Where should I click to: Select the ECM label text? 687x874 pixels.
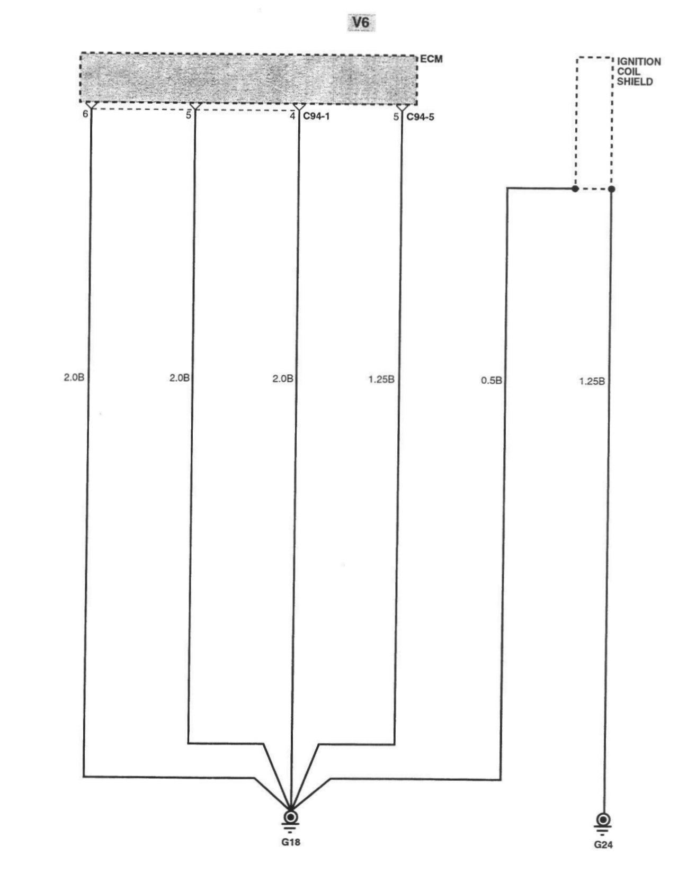431,59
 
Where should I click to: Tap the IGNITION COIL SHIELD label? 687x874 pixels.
639,71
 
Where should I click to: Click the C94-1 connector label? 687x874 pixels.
316,116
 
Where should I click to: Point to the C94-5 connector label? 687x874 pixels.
420,116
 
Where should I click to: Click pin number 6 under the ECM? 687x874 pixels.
85,114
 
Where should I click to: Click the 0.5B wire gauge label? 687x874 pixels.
491,380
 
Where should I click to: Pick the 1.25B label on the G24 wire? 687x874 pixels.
592,381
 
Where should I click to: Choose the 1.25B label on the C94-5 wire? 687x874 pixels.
381,379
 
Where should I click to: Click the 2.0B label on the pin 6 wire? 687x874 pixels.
74,377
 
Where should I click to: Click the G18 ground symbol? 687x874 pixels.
290,818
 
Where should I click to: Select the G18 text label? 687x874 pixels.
291,842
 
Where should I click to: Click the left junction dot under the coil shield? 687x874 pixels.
575,188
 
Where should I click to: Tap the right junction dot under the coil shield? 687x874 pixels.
611,189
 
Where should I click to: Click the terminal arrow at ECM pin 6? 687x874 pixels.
91,107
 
